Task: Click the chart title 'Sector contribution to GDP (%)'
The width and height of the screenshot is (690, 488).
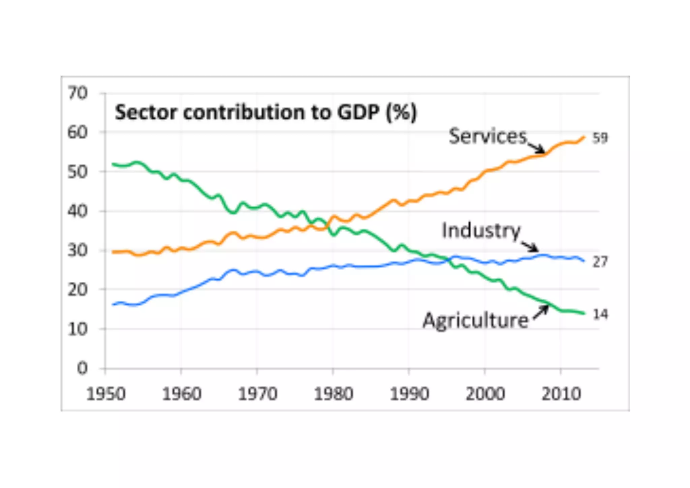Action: pos(266,112)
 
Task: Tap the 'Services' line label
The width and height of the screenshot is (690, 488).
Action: pos(487,136)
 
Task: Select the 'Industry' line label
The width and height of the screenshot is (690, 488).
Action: pos(481,231)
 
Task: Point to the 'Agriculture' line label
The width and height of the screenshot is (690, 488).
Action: pos(475,320)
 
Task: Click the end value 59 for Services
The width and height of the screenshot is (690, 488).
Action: pos(600,138)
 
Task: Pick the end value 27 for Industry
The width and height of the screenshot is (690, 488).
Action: pos(600,262)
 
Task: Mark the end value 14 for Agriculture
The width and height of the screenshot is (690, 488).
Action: pos(600,314)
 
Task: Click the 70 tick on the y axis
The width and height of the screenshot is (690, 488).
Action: pos(77,93)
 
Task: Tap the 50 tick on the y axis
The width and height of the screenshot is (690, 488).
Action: pos(77,172)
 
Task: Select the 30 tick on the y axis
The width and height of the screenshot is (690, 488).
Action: pos(77,250)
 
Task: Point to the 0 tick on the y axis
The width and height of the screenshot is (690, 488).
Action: pos(82,368)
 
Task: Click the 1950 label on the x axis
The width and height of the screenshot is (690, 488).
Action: pos(106,394)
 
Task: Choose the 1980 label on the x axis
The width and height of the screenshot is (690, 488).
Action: pos(333,394)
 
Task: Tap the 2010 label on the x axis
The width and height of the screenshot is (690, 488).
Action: pos(561,394)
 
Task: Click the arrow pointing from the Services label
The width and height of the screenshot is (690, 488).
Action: pos(536,147)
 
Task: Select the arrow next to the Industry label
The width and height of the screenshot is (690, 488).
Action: pos(530,246)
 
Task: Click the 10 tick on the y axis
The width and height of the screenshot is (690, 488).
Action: pos(77,329)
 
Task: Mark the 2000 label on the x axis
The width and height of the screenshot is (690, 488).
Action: pos(485,394)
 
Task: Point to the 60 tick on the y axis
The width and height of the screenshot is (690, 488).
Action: pos(77,132)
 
